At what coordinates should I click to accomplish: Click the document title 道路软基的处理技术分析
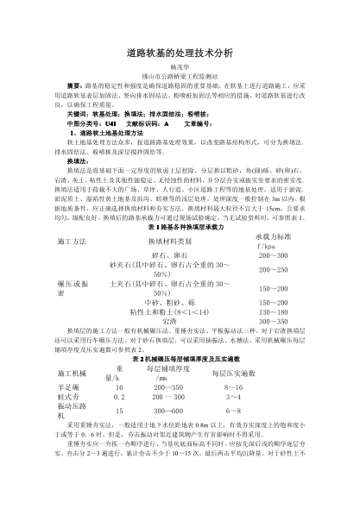(x=180, y=53)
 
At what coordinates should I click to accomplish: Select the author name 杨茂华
(x=180, y=74)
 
